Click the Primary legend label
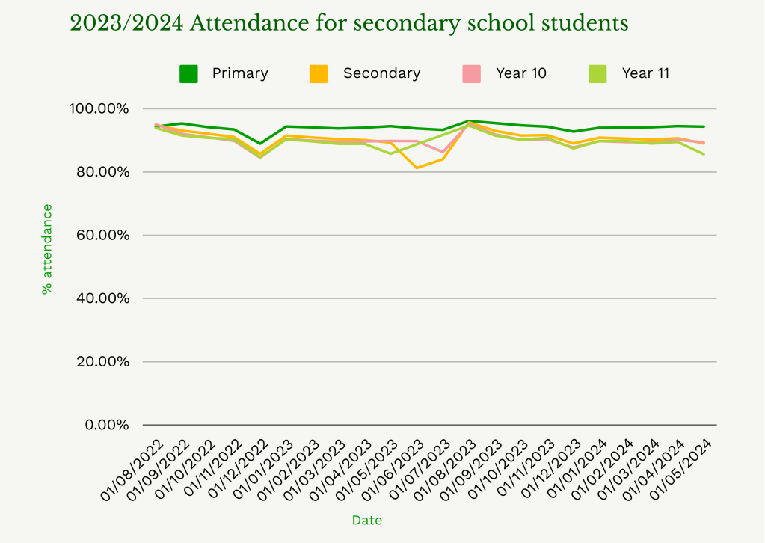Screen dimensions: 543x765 tap(239, 73)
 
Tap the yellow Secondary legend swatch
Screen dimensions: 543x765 tap(319, 73)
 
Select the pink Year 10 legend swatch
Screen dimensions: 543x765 tap(471, 73)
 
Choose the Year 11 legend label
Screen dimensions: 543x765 tap(645, 73)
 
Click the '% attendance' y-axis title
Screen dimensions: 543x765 tap(47, 249)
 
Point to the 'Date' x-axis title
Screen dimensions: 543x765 tap(367, 520)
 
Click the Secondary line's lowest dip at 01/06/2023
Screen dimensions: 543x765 tap(417, 168)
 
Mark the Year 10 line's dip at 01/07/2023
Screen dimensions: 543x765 tap(443, 152)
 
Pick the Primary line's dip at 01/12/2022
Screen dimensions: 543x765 tap(260, 144)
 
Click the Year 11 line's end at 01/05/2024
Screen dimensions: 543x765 tap(704, 154)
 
